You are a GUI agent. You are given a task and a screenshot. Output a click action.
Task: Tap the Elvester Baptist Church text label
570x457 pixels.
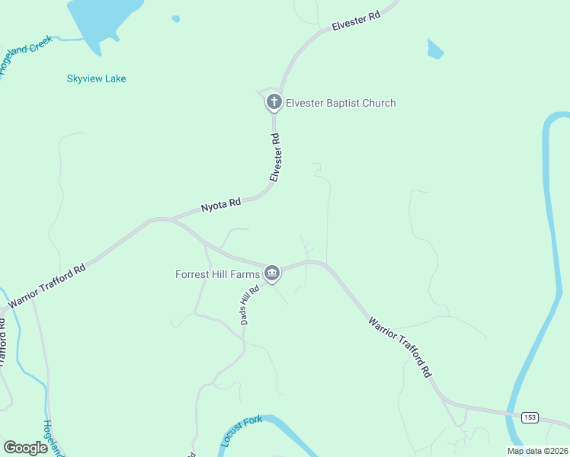[x=341, y=103]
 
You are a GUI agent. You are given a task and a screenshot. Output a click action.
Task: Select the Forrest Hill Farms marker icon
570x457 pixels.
[x=272, y=273]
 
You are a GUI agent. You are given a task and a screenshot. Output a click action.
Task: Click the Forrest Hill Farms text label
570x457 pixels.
[x=217, y=273]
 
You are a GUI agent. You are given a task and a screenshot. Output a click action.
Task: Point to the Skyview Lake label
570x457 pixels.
[x=96, y=78]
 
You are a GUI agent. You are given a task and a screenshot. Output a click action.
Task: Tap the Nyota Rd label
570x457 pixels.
[x=220, y=204]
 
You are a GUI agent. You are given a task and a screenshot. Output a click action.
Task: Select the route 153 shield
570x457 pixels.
[x=530, y=417]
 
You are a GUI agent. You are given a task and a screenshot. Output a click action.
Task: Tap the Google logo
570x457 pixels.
[x=25, y=448]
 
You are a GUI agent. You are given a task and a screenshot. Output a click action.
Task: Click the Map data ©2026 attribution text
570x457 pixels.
[x=537, y=451]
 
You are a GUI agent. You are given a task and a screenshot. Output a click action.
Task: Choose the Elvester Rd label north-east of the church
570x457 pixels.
[x=355, y=21]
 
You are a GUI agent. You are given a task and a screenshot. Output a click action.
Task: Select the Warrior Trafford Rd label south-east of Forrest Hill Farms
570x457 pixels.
[x=401, y=347]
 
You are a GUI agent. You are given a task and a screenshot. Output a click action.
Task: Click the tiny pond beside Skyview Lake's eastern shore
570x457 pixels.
[x=176, y=18]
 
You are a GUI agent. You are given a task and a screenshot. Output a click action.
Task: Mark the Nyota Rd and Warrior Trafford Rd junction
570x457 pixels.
[x=171, y=219]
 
